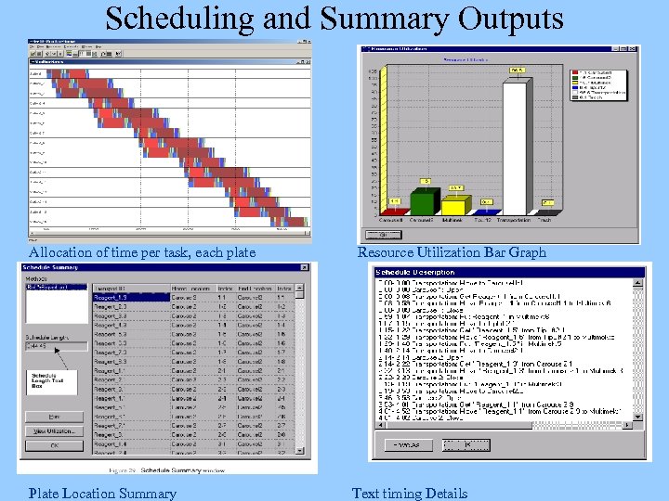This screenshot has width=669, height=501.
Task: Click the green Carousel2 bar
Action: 424,202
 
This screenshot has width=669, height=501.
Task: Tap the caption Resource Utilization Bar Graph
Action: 452,252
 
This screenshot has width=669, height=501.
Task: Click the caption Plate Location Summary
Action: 102,494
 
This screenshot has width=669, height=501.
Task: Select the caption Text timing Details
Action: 410,494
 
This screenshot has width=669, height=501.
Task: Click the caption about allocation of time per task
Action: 142,252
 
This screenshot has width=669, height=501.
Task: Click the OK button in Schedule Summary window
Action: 53,446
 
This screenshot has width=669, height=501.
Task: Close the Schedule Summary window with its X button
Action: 304,267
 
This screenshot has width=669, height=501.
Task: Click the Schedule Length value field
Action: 55,346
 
